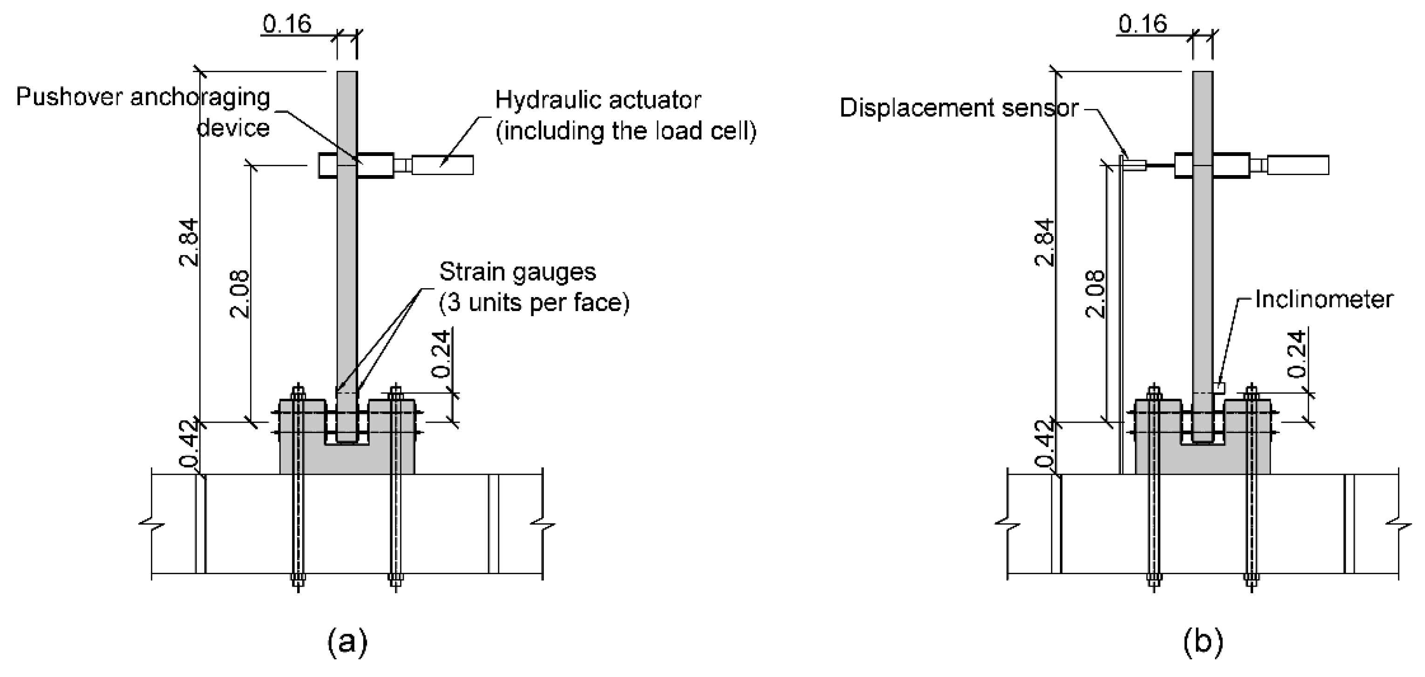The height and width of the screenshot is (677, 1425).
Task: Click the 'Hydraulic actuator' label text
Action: click(x=597, y=101)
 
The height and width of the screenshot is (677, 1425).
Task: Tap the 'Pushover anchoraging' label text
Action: click(x=142, y=97)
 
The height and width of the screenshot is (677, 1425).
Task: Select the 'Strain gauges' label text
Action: click(x=517, y=272)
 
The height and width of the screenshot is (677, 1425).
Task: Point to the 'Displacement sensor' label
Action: click(x=959, y=108)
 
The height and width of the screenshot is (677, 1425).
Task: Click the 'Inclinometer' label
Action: click(x=1323, y=299)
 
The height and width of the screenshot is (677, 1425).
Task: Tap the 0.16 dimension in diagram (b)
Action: click(x=1142, y=24)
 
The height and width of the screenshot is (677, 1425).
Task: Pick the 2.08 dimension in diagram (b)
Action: click(x=1095, y=293)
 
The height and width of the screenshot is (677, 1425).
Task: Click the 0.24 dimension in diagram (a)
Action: click(x=441, y=354)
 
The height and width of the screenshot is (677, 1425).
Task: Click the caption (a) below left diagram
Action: click(x=347, y=642)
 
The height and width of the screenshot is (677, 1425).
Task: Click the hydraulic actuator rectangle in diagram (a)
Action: click(x=442, y=165)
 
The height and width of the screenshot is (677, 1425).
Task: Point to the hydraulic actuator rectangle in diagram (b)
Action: click(x=1298, y=165)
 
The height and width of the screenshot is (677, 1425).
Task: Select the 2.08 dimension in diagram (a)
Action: click(x=239, y=293)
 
